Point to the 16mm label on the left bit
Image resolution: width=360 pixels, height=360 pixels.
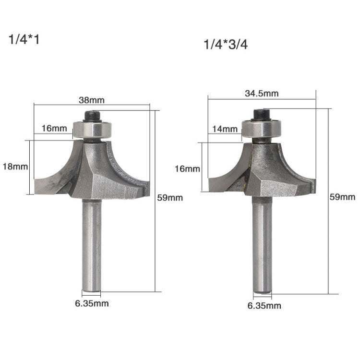click(x=53, y=129)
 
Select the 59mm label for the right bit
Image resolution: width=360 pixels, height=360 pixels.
click(x=341, y=197)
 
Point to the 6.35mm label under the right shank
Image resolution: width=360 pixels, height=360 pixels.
click(x=264, y=305)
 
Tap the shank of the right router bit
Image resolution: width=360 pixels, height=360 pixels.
click(x=263, y=245)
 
